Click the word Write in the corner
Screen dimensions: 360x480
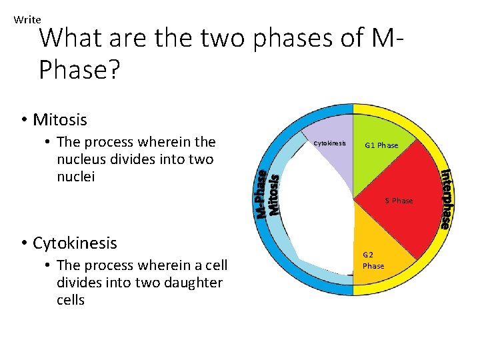coord(27,20)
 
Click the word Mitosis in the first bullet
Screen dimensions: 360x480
coord(60,120)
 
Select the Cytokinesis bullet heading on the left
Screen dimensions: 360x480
coord(75,243)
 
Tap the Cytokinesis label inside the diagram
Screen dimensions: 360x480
coord(329,143)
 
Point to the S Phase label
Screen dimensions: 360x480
coord(399,201)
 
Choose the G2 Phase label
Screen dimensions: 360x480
coord(373,260)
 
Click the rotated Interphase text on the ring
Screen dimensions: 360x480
coord(445,199)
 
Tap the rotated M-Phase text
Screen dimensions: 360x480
coord(263,194)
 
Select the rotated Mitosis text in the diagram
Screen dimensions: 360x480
coord(274,194)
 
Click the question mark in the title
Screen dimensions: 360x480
coord(114,69)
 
